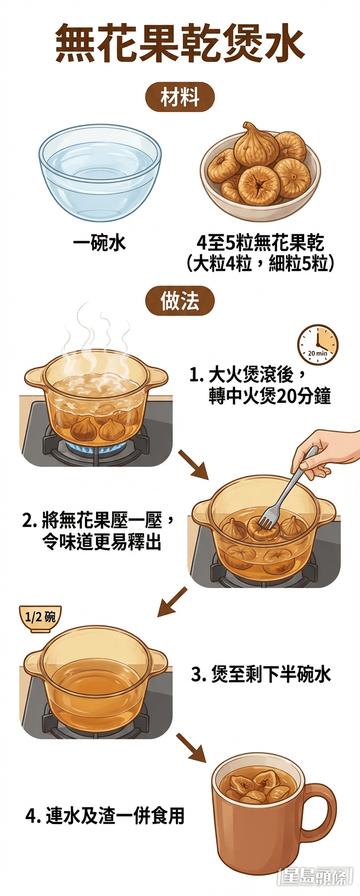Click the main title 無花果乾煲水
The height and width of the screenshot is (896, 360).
[x=179, y=43]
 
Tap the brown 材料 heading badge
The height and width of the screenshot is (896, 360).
[x=179, y=98]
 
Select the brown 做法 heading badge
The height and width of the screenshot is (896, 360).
[x=179, y=301]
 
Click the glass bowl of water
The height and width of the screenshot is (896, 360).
[x=100, y=170]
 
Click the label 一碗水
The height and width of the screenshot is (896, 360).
[x=100, y=243]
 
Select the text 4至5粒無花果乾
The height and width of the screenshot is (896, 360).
[x=260, y=243]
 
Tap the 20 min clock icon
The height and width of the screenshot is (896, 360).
[x=318, y=345]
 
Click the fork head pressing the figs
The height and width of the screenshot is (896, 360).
[x=268, y=518]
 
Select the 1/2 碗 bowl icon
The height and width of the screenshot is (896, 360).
[x=40, y=618]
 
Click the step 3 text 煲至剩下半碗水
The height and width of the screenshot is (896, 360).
[x=261, y=674]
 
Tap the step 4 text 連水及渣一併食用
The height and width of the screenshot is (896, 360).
[x=105, y=816]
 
